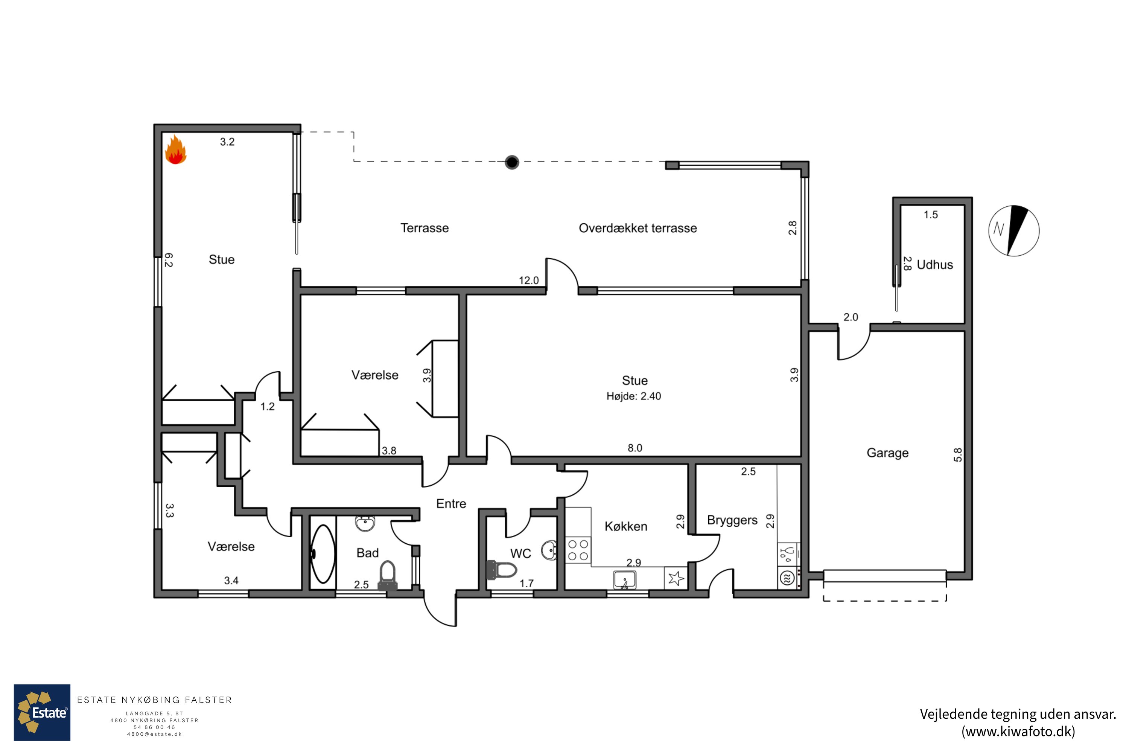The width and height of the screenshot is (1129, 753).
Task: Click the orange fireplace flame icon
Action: [x=176, y=149]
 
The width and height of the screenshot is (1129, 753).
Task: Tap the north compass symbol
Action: [x=1014, y=230]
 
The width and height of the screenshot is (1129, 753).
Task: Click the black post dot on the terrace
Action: [x=512, y=162]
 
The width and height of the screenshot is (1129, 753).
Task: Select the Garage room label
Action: [x=887, y=453]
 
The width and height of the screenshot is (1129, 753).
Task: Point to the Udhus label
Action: [x=934, y=265]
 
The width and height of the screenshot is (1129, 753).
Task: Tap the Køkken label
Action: [x=626, y=526]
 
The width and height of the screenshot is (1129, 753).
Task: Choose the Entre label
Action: [x=451, y=503]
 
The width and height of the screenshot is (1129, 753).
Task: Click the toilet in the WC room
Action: [x=502, y=570]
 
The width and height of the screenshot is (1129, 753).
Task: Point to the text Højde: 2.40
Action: [x=634, y=396]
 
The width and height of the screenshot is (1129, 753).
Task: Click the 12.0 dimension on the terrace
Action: [x=529, y=280]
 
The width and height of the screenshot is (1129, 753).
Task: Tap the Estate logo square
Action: [x=42, y=713]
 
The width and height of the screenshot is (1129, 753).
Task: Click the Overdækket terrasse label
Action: [x=638, y=228]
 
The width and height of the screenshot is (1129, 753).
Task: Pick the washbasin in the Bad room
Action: [x=365, y=523]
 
